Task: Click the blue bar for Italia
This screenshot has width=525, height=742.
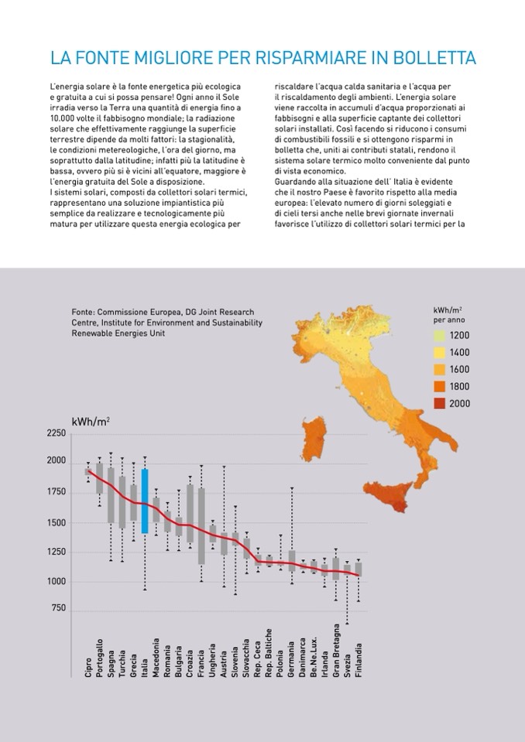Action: point(145,501)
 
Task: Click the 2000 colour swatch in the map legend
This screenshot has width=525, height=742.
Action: point(440,403)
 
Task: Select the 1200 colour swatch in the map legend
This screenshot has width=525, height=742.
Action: point(440,336)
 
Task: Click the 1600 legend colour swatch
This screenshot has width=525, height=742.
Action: point(440,369)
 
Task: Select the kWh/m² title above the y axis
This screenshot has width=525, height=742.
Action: point(91,422)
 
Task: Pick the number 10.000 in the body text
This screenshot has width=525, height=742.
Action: point(63,127)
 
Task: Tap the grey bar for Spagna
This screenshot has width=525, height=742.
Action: point(111,495)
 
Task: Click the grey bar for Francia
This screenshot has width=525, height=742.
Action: point(201,526)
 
